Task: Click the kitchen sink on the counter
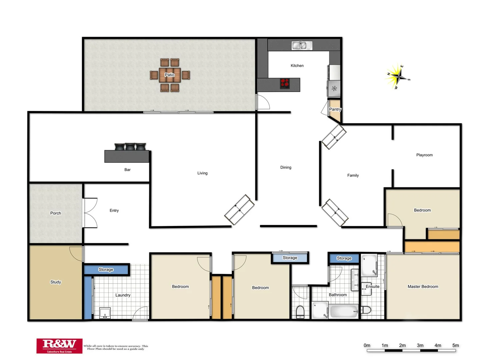click(302, 45)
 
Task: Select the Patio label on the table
click(169, 75)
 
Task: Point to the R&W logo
click(59, 346)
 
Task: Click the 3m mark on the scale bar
click(420, 346)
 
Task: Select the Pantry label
click(335, 109)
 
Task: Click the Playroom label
click(424, 155)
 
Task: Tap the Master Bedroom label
click(423, 287)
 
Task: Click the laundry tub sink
click(105, 313)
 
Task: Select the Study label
click(56, 282)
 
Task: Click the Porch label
click(56, 213)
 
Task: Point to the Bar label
click(127, 170)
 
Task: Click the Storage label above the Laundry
click(106, 270)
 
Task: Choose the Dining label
click(286, 167)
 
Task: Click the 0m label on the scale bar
click(367, 346)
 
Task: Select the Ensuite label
click(372, 287)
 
